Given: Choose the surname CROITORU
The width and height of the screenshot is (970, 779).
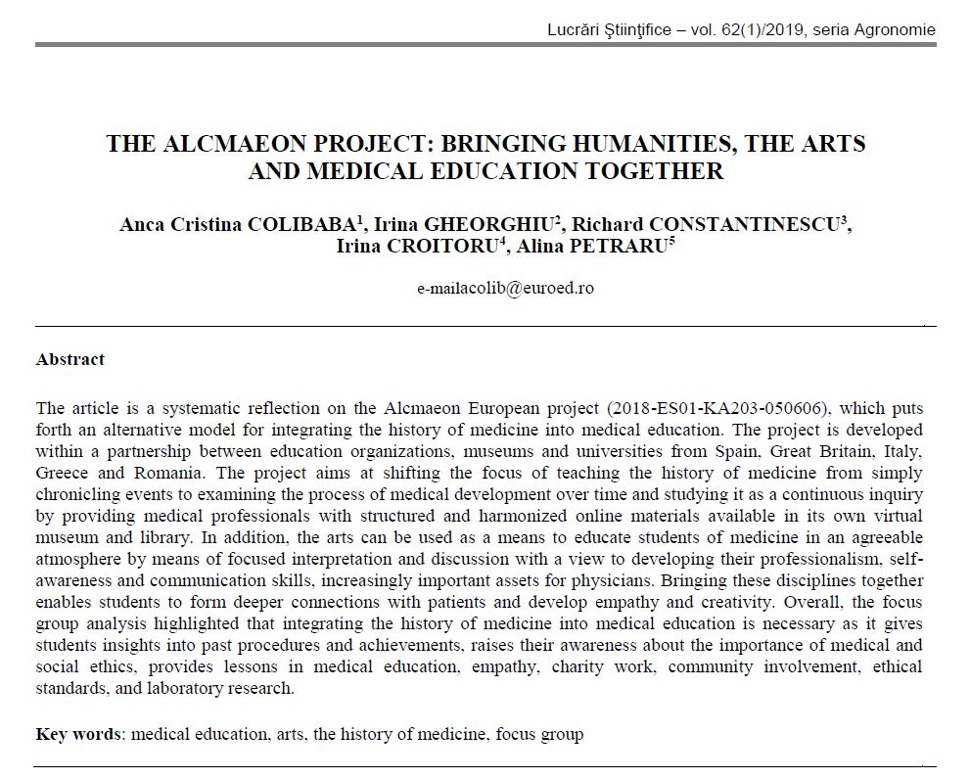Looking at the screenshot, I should [x=445, y=246].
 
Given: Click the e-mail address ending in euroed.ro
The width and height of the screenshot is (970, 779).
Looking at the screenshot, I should [x=505, y=289].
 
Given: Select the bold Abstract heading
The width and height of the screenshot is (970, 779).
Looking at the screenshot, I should [x=70, y=359].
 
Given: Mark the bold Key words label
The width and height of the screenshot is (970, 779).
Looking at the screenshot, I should [x=79, y=733].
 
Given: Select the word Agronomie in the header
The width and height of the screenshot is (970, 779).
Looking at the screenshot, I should [x=896, y=29].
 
